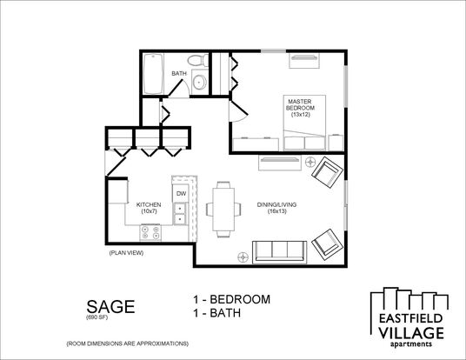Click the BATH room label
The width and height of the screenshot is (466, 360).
point(179,73)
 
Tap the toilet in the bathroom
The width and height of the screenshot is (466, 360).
point(198,60)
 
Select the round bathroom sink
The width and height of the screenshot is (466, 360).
point(199,82)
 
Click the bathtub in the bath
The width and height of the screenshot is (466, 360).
point(153,73)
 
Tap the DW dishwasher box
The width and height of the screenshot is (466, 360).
point(181,194)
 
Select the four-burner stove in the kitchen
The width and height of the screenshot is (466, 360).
point(150,232)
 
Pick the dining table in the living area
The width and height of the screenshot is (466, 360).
point(223,210)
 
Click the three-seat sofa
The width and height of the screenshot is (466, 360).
point(279,252)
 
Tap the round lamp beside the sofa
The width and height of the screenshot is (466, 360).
point(243,257)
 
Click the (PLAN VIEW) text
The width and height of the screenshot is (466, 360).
point(126,253)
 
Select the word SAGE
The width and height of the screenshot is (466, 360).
point(111,306)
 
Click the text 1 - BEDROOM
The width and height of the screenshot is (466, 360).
point(232,299)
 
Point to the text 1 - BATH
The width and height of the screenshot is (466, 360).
point(217,313)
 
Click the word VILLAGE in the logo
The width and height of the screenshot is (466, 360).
point(411,333)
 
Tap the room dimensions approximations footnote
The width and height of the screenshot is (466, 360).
point(128,343)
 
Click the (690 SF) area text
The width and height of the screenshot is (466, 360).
point(97,317)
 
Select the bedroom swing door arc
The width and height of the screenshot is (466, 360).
point(240,119)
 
